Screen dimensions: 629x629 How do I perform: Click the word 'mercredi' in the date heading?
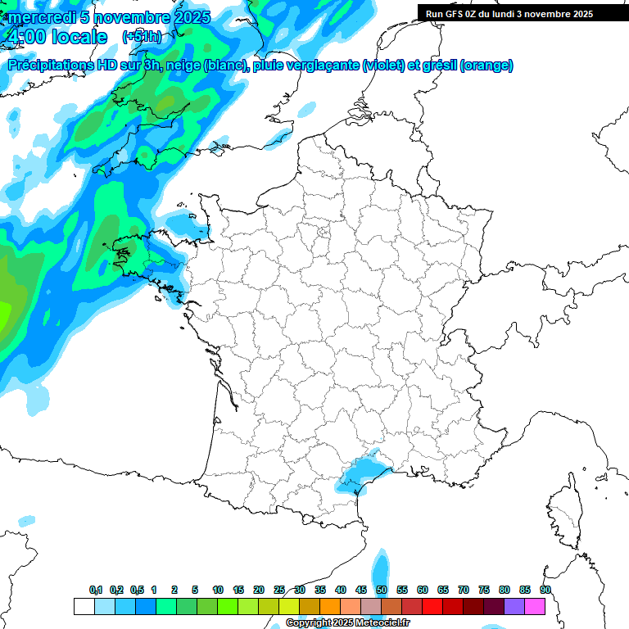(x=42, y=18)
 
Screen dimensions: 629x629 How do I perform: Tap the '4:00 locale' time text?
(x=56, y=37)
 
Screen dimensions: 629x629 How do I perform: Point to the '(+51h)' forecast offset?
(x=141, y=37)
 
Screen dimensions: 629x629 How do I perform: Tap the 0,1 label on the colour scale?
(x=96, y=590)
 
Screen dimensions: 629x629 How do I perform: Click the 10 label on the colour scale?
(x=218, y=590)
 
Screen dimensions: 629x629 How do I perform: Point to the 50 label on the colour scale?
(x=382, y=590)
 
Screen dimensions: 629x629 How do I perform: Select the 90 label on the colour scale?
(x=545, y=590)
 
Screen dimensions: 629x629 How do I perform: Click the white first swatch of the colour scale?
(x=84, y=606)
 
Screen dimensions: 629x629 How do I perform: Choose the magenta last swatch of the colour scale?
(x=535, y=606)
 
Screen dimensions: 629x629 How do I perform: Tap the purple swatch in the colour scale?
(x=514, y=606)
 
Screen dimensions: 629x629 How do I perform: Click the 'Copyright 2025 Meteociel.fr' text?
(x=348, y=623)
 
